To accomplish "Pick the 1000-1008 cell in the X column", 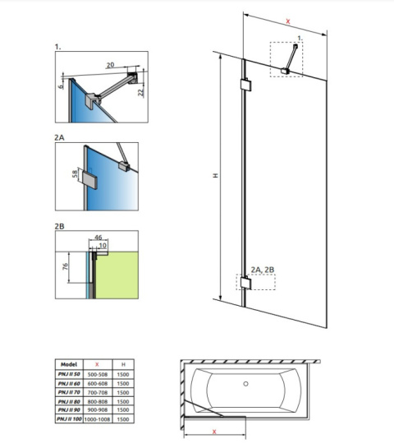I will tap(98, 419).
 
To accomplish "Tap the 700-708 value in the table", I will tap(98, 391).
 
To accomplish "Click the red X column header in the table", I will tap(98, 363).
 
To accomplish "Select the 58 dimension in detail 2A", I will tap(75, 175).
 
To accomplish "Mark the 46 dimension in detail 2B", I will tap(98, 236).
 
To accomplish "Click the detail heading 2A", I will tap(59, 138).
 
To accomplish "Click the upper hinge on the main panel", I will tap(245, 85).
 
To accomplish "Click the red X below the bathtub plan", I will tap(214, 430).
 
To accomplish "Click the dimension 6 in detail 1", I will tap(62, 83).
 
